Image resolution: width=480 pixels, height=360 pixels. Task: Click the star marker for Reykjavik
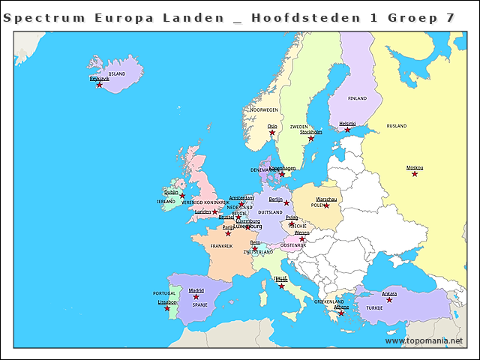(99, 85)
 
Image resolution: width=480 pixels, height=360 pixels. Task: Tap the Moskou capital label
(415, 167)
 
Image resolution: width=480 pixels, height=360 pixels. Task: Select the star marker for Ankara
(389, 300)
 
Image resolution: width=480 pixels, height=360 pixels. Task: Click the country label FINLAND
(358, 98)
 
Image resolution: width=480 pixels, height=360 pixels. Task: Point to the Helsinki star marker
(347, 130)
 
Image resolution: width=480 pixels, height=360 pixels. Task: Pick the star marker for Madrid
(196, 297)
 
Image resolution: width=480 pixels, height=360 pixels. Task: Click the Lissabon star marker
(167, 308)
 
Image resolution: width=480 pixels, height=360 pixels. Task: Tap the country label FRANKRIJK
(221, 246)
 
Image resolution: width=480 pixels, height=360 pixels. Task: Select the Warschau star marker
(326, 205)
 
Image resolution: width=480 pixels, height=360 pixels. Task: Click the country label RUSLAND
(396, 126)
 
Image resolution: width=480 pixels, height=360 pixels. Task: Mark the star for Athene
(341, 313)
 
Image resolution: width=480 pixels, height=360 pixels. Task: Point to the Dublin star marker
(181, 196)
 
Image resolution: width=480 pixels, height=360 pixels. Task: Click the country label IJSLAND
(117, 74)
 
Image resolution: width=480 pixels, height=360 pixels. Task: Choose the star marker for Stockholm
(310, 138)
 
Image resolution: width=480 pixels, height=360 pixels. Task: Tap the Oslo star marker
(272, 133)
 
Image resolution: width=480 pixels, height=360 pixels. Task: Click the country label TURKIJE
(374, 307)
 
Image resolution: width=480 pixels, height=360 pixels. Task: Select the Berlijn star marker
(286, 203)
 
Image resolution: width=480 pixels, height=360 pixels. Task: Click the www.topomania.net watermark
(424, 340)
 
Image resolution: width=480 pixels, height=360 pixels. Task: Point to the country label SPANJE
(200, 305)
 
